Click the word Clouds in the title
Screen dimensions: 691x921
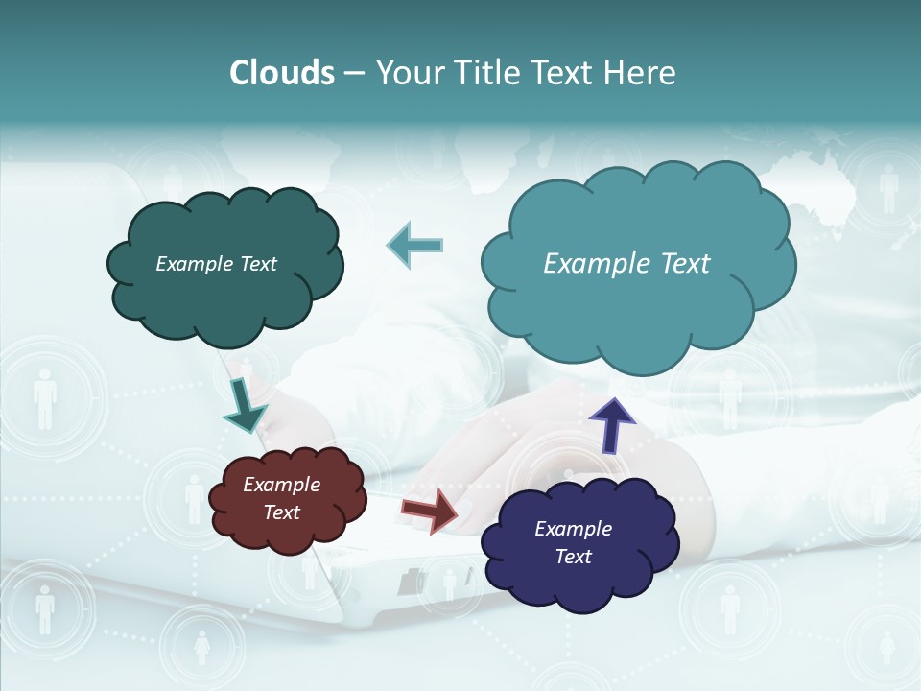282,73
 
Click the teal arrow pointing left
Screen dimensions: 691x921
414,246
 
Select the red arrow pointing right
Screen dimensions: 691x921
430,510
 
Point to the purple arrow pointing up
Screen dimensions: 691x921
611,424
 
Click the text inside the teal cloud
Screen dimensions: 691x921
626,264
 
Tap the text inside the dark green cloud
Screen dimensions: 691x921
216,264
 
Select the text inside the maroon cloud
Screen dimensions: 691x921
282,498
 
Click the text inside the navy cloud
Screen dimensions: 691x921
573,542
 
